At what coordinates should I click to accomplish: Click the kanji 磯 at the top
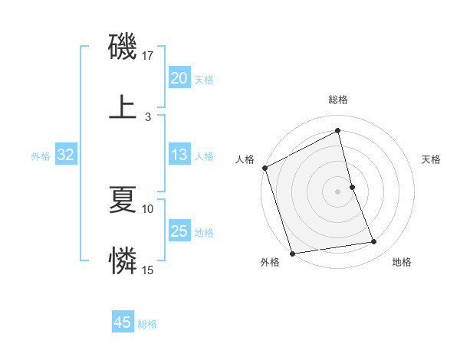pos(123,48)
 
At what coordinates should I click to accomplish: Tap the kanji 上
pos(123,106)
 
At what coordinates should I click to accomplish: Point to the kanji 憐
pos(123,260)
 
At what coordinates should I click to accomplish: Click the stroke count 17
pos(148,55)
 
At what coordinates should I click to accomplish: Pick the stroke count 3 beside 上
pos(148,116)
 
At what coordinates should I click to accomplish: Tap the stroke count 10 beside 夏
pos(148,208)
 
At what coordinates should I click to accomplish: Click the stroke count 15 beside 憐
pos(148,270)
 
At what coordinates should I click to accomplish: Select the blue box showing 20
pos(179,78)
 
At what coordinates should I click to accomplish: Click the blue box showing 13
pos(179,155)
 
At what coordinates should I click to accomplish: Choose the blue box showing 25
pos(179,231)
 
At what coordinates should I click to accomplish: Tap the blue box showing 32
pos(65,155)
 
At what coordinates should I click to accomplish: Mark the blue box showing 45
pos(122,322)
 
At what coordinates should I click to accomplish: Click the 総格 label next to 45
pos(147,324)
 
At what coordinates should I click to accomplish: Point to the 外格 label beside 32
pos(41,156)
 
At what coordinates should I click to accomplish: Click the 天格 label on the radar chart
pos(431,159)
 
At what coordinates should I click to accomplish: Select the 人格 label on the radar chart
pos(245,159)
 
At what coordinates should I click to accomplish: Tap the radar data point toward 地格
pos(374,242)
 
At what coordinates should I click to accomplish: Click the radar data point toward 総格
pos(337,131)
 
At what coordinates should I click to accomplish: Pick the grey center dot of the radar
pos(337,191)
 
